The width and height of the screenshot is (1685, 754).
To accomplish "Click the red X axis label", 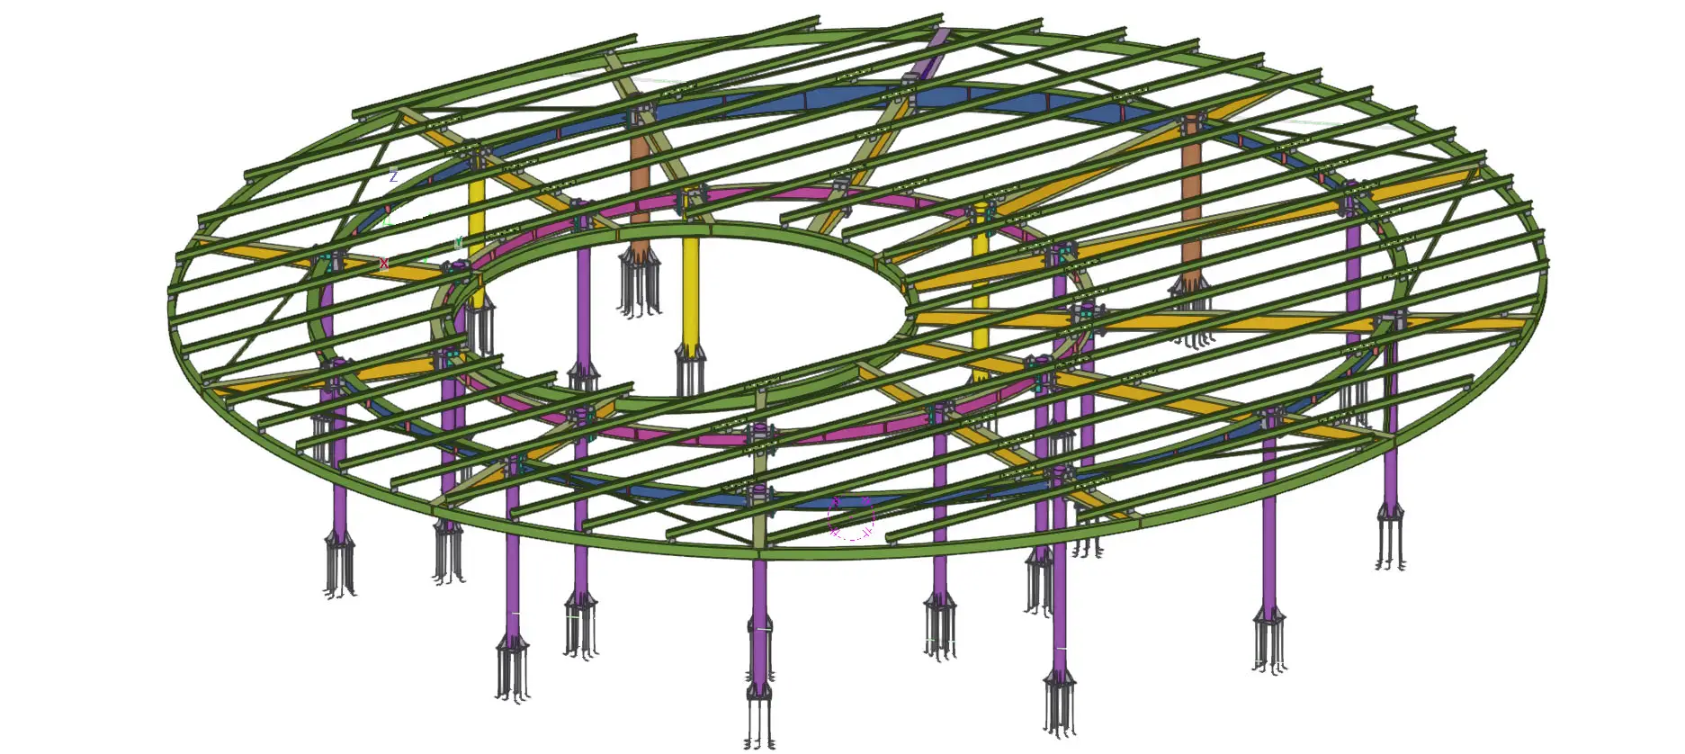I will (x=384, y=264).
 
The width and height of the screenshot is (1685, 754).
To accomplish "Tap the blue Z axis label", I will (x=393, y=176).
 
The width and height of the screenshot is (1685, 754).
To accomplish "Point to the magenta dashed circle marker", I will (x=850, y=518).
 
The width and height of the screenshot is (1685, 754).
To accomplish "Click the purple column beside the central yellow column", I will (x=583, y=306).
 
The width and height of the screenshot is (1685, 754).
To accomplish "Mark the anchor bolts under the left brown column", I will (x=640, y=283).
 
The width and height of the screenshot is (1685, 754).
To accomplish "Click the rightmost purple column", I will (x=1391, y=432).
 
